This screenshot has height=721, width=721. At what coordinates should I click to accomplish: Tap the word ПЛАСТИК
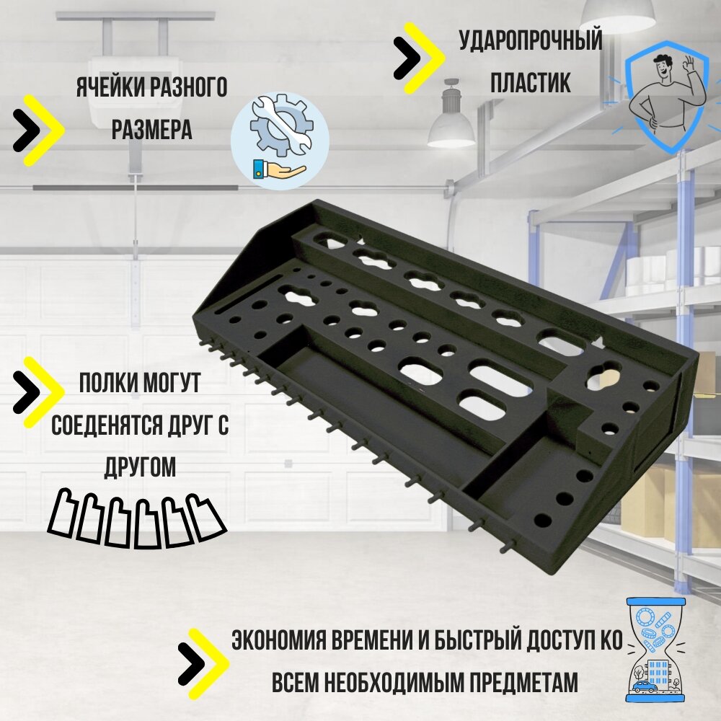point(531,82)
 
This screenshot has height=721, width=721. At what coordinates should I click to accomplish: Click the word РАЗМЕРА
point(151,130)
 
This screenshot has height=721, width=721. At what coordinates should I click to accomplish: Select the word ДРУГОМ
point(140,466)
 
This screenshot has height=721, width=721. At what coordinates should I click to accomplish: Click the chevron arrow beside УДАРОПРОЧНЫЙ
point(418,58)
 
